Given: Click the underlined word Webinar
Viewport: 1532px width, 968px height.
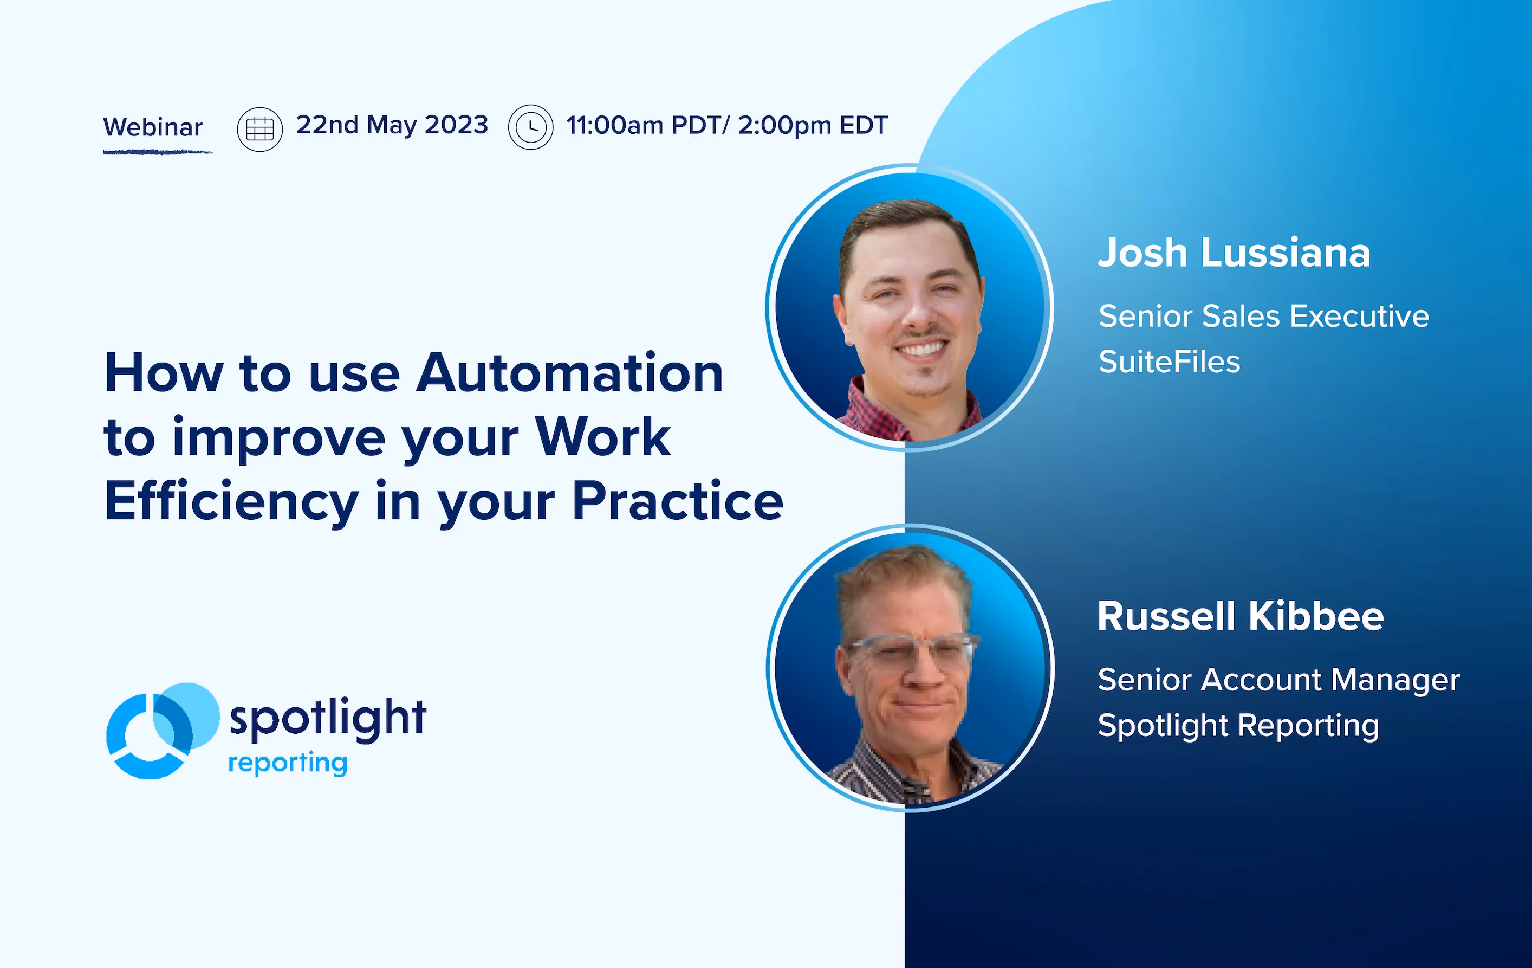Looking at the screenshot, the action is (153, 127).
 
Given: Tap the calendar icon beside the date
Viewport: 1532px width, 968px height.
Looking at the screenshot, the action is (259, 129).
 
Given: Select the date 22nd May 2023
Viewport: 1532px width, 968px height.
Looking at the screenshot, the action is (392, 125).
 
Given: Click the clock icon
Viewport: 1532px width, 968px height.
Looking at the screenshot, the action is (530, 127).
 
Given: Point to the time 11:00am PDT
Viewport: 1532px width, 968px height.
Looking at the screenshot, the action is (644, 125).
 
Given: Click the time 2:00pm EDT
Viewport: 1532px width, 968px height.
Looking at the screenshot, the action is (813, 125).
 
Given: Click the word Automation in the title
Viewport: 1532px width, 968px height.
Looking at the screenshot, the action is (569, 373).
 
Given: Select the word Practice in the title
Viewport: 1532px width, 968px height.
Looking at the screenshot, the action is (678, 501).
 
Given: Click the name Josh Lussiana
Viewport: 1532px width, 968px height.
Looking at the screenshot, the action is (1234, 253).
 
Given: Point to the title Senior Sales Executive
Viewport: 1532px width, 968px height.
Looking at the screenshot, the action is (1263, 317).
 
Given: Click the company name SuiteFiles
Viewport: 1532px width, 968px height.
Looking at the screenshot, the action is (1170, 362).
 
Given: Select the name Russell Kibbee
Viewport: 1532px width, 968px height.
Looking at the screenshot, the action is (1241, 616).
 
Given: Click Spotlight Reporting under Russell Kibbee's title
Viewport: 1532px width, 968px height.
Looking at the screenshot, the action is (1238, 726).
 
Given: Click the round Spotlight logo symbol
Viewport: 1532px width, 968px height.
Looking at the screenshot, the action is (163, 731).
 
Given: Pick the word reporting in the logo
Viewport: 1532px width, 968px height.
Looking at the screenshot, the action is (288, 763).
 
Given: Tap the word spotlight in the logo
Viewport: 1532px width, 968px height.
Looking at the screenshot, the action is (328, 719).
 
